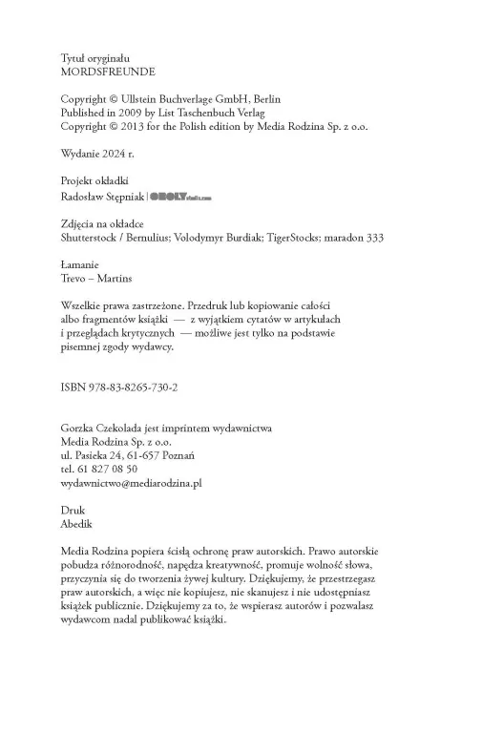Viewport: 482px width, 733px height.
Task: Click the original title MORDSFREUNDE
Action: point(108,72)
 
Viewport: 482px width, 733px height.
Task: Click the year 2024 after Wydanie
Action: point(119,153)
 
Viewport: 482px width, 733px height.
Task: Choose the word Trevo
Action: point(75,278)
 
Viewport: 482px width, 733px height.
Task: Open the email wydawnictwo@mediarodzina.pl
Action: point(131,483)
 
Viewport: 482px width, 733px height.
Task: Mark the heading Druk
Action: point(73,511)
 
